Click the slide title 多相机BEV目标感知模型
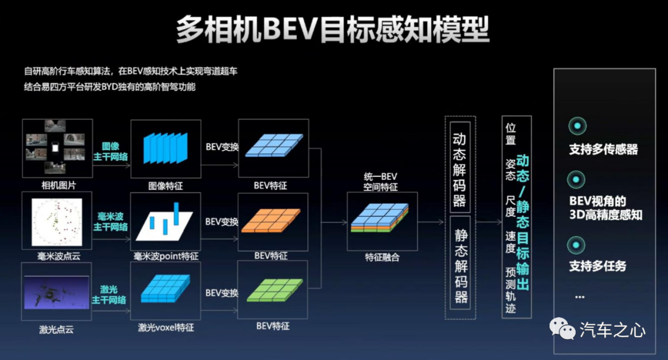point(333,29)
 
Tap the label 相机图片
point(58,186)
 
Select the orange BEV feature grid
point(271,220)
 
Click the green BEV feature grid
point(275,290)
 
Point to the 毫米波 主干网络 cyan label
point(110,221)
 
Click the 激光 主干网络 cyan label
point(109,295)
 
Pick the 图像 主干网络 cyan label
point(110,152)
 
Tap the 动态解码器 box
point(460,167)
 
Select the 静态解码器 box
point(460,263)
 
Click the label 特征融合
point(382,257)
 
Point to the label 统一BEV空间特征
point(380,181)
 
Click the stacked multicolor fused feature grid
point(380,217)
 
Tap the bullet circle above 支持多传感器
point(577,126)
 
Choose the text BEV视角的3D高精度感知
point(606,208)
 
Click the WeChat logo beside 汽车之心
point(562,328)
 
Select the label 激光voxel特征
point(166,327)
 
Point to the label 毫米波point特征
point(166,256)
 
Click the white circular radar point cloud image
point(57,221)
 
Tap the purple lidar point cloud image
point(56,292)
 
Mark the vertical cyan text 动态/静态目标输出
point(523,222)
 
